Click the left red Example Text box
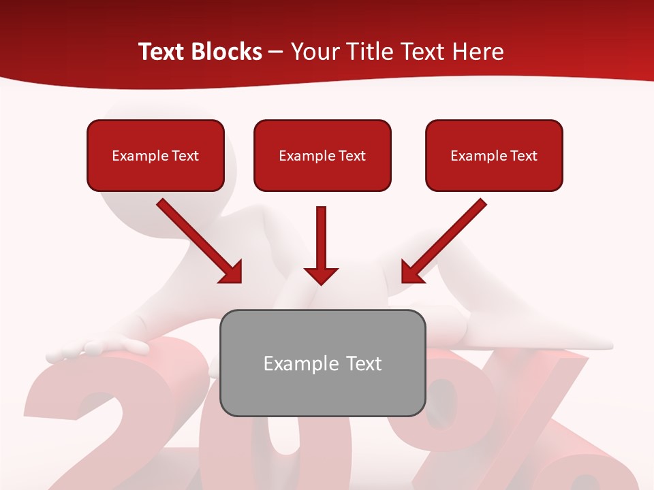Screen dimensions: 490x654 [155, 155]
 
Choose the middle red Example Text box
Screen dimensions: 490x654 [322, 155]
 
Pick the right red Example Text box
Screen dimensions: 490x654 [494, 155]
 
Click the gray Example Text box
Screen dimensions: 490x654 [322, 363]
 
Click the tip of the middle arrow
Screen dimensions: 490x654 [321, 282]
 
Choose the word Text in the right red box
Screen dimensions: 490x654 [524, 155]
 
